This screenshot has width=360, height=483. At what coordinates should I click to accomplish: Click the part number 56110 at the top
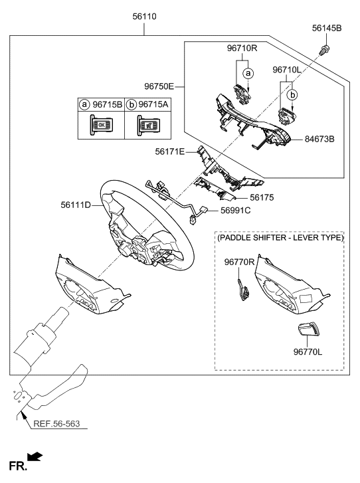pyautogui.click(x=144, y=15)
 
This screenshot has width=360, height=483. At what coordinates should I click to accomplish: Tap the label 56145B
pyautogui.click(x=327, y=29)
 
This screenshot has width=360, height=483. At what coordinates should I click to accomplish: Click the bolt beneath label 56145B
pyautogui.click(x=325, y=48)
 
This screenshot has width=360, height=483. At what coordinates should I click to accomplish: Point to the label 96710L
pyautogui.click(x=288, y=69)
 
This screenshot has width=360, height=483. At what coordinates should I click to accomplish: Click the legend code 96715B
pyautogui.click(x=108, y=105)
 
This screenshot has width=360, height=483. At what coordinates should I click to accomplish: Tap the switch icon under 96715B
pyautogui.click(x=101, y=125)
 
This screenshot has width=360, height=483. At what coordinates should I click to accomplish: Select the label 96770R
pyautogui.click(x=237, y=263)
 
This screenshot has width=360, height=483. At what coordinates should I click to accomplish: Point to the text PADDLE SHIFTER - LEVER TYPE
pyautogui.click(x=280, y=237)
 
